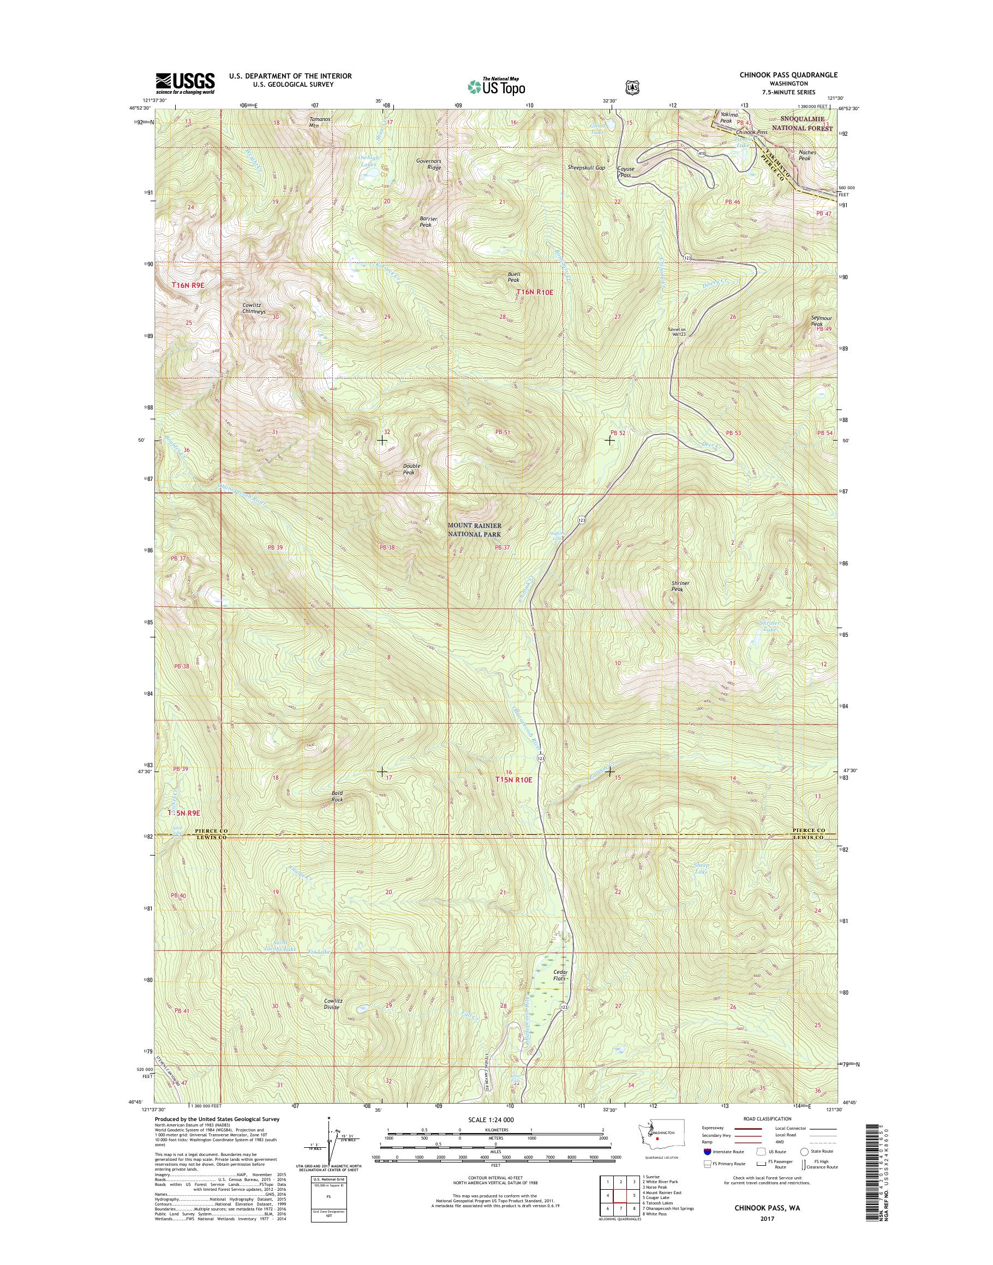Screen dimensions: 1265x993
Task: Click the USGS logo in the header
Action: pyautogui.click(x=185, y=83)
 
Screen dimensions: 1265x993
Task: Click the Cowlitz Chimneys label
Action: pyautogui.click(x=254, y=308)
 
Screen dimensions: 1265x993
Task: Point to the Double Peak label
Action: pyautogui.click(x=411, y=469)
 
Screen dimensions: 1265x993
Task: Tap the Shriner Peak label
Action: pyautogui.click(x=680, y=586)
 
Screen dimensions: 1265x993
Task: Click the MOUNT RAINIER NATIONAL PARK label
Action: pyautogui.click(x=474, y=529)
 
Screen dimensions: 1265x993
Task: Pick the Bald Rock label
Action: pyautogui.click(x=337, y=796)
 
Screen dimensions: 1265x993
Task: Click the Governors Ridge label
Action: pyautogui.click(x=428, y=164)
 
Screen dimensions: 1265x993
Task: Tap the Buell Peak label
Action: pyautogui.click(x=513, y=276)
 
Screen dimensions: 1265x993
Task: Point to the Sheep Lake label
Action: pyautogui.click(x=701, y=869)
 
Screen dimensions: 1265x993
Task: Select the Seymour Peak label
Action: pyautogui.click(x=821, y=321)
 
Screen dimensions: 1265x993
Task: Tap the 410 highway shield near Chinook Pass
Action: pyautogui.click(x=701, y=153)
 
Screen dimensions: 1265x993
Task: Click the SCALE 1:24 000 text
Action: pyautogui.click(x=490, y=1119)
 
